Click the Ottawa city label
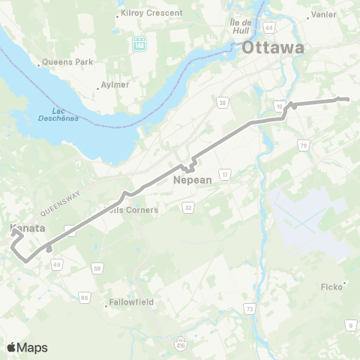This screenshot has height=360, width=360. [x=273, y=49]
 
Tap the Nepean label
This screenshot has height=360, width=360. [x=193, y=180]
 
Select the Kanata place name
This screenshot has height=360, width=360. [x=28, y=228]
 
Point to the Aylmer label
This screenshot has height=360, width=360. [x=114, y=85]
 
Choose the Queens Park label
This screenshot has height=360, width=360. [x=68, y=61]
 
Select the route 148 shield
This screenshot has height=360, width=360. [x=139, y=44]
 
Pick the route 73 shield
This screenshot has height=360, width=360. [x=249, y=308]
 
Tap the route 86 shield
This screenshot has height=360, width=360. [x=85, y=297]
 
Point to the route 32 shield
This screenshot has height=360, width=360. [x=188, y=207]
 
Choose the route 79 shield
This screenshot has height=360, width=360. [x=304, y=145]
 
